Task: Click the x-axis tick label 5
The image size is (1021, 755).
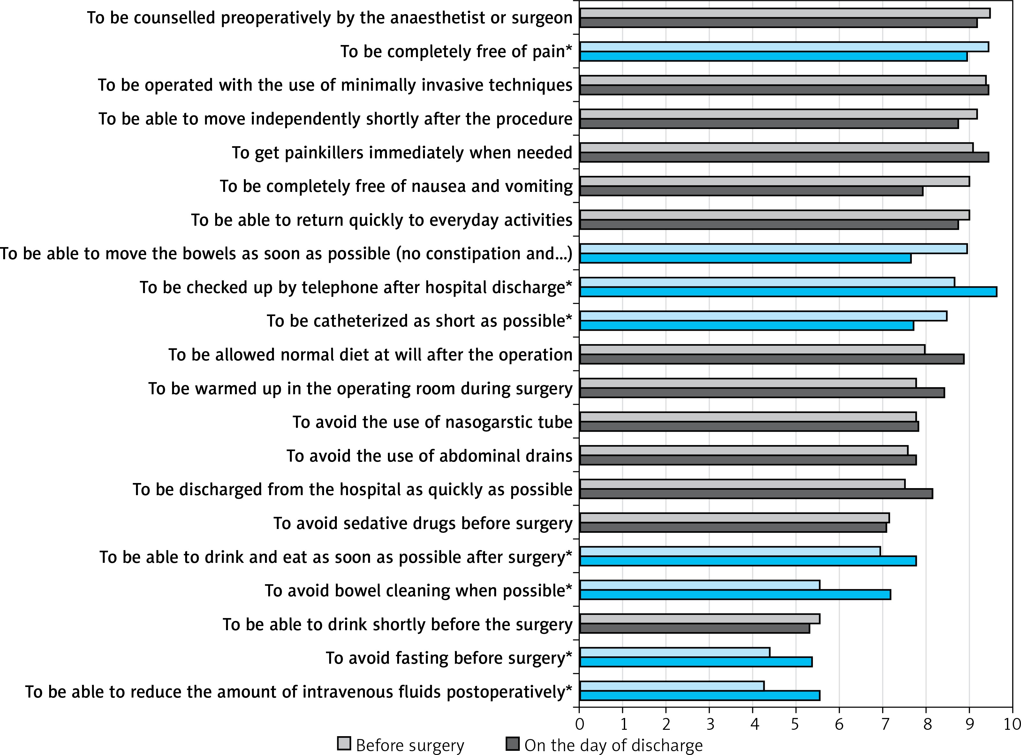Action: coord(796,724)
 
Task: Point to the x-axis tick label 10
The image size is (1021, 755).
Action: coord(1011,724)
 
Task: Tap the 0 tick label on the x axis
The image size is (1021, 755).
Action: coord(579,724)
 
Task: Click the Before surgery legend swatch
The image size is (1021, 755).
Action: coord(344,744)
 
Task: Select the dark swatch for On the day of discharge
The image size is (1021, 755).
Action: coord(512,744)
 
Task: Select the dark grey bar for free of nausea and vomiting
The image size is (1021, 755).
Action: coord(751,191)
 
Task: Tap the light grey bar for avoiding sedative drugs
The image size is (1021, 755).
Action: coord(734,518)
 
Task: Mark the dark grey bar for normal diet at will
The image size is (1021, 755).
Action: coord(771,359)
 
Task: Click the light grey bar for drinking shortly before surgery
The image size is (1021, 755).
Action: coord(699,619)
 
